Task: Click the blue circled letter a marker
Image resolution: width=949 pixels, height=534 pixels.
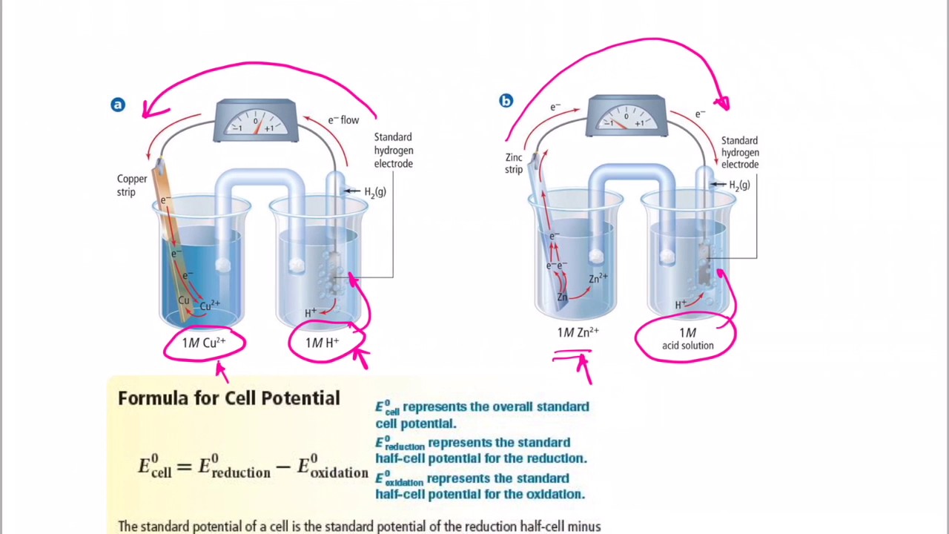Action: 118,105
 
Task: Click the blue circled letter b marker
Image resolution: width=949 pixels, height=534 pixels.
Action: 506,101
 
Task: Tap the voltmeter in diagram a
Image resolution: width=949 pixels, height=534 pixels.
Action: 256,121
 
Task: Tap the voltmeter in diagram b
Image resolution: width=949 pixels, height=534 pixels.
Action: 626,116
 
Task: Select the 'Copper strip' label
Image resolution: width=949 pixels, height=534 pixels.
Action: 132,185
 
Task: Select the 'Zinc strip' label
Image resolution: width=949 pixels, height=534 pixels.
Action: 514,163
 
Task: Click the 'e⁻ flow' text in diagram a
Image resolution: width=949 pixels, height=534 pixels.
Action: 343,119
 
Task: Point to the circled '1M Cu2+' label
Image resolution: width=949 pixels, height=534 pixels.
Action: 204,343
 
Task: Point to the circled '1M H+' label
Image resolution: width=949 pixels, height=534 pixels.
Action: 323,343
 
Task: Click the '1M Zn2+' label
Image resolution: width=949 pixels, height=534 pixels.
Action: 578,333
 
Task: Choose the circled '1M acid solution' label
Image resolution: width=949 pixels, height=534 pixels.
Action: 687,340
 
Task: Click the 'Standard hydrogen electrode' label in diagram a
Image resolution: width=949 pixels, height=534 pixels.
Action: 393,151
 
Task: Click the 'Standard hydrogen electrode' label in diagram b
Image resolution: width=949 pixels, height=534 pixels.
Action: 740,153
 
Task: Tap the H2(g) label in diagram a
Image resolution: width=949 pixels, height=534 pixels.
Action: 374,192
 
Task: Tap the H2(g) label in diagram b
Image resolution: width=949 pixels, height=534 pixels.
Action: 739,185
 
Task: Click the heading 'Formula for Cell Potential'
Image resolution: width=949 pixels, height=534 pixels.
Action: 228,398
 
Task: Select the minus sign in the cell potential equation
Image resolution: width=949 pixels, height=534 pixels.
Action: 283,467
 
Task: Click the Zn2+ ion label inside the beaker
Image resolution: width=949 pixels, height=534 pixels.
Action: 598,279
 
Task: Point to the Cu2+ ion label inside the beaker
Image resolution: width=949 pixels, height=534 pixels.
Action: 210,304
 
